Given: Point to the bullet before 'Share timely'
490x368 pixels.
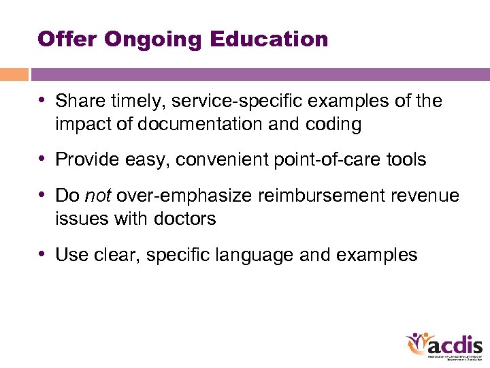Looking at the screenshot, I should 44,101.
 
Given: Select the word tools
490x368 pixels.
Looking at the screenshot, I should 407,160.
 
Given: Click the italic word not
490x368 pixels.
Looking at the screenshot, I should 97,196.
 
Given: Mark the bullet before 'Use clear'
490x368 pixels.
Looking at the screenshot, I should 44,254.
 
